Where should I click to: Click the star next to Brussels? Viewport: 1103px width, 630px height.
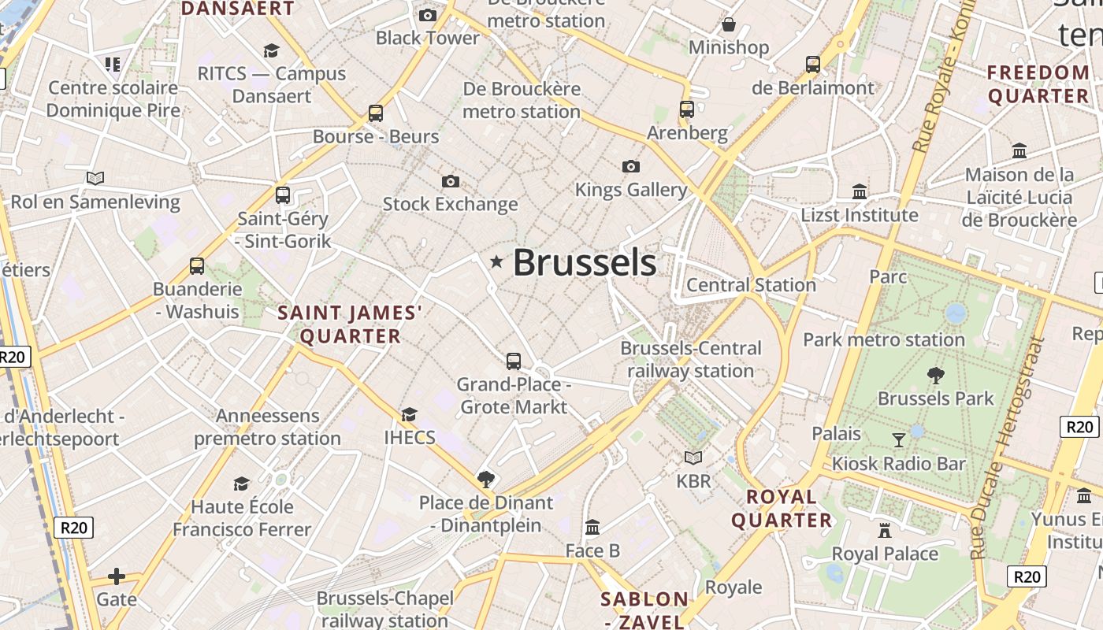pyautogui.click(x=496, y=261)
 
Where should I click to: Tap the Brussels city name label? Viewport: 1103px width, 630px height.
pyautogui.click(x=584, y=263)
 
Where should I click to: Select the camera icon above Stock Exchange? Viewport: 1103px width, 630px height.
pyautogui.click(x=450, y=182)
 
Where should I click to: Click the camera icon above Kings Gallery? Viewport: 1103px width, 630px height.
pyautogui.click(x=630, y=166)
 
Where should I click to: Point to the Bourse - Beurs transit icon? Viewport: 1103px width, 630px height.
pyautogui.click(x=376, y=113)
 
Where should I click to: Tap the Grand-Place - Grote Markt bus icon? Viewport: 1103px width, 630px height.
pyautogui.click(x=514, y=361)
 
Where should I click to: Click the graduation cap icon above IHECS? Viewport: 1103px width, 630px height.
pyautogui.click(x=409, y=414)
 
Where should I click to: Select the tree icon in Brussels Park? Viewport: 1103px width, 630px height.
pyautogui.click(x=936, y=376)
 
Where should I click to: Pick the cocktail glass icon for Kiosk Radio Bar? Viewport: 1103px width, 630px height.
pyautogui.click(x=899, y=440)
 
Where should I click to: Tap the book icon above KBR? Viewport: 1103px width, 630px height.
pyautogui.click(x=693, y=458)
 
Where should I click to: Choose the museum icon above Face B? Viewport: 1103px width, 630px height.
pyautogui.click(x=592, y=527)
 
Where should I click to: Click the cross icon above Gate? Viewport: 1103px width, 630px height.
pyautogui.click(x=117, y=576)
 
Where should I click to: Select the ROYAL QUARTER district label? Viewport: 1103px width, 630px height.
pyautogui.click(x=782, y=509)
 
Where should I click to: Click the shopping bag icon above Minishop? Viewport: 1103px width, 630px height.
pyautogui.click(x=729, y=25)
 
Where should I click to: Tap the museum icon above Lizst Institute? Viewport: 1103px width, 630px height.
pyautogui.click(x=860, y=191)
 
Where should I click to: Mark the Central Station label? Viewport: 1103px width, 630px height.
pyautogui.click(x=751, y=285)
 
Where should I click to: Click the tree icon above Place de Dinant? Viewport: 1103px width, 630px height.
pyautogui.click(x=486, y=479)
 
